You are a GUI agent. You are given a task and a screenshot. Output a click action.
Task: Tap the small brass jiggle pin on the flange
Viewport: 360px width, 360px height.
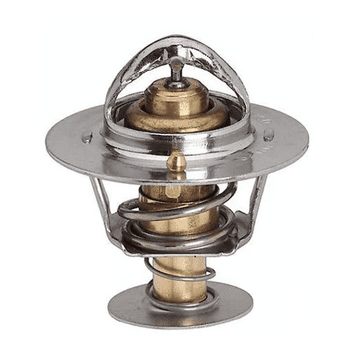point(176,160)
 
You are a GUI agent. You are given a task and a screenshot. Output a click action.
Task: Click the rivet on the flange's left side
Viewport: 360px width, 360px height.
point(88,138)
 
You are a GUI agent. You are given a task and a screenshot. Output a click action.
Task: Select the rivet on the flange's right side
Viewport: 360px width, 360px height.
point(268,134)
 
